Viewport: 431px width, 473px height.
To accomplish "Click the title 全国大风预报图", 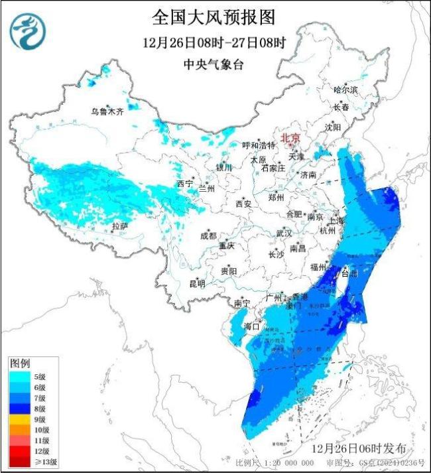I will click(x=214, y=17).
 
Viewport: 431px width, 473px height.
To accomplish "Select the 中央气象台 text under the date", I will click(x=214, y=64).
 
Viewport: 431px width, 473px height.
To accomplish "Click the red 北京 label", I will click(x=290, y=138).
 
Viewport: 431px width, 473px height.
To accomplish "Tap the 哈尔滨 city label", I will click(x=345, y=89).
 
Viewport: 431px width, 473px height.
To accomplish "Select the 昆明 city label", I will click(x=197, y=283).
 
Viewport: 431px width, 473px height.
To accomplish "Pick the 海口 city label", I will click(x=253, y=326).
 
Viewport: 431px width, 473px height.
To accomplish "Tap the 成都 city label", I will click(x=208, y=236).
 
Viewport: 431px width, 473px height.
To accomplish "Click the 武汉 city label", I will click(x=284, y=234).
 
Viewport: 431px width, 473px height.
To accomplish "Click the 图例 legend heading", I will click(x=20, y=364).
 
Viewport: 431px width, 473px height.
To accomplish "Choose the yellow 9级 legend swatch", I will click(x=19, y=419).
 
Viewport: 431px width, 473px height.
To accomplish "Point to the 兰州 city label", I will click(x=207, y=188).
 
